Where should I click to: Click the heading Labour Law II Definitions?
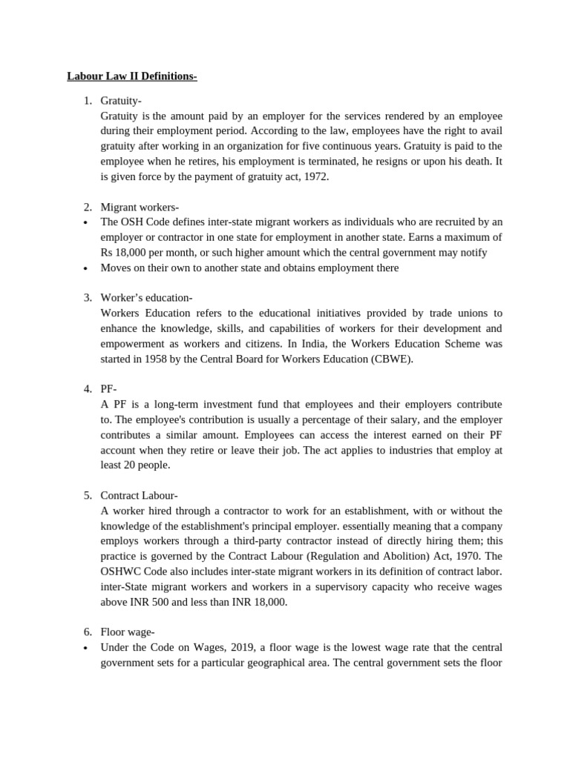(132, 76)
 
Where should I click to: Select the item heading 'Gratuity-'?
(121, 100)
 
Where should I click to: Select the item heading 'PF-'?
(109, 389)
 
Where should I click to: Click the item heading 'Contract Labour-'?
(139, 495)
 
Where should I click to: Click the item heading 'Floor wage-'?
(127, 632)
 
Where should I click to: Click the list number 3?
(87, 298)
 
